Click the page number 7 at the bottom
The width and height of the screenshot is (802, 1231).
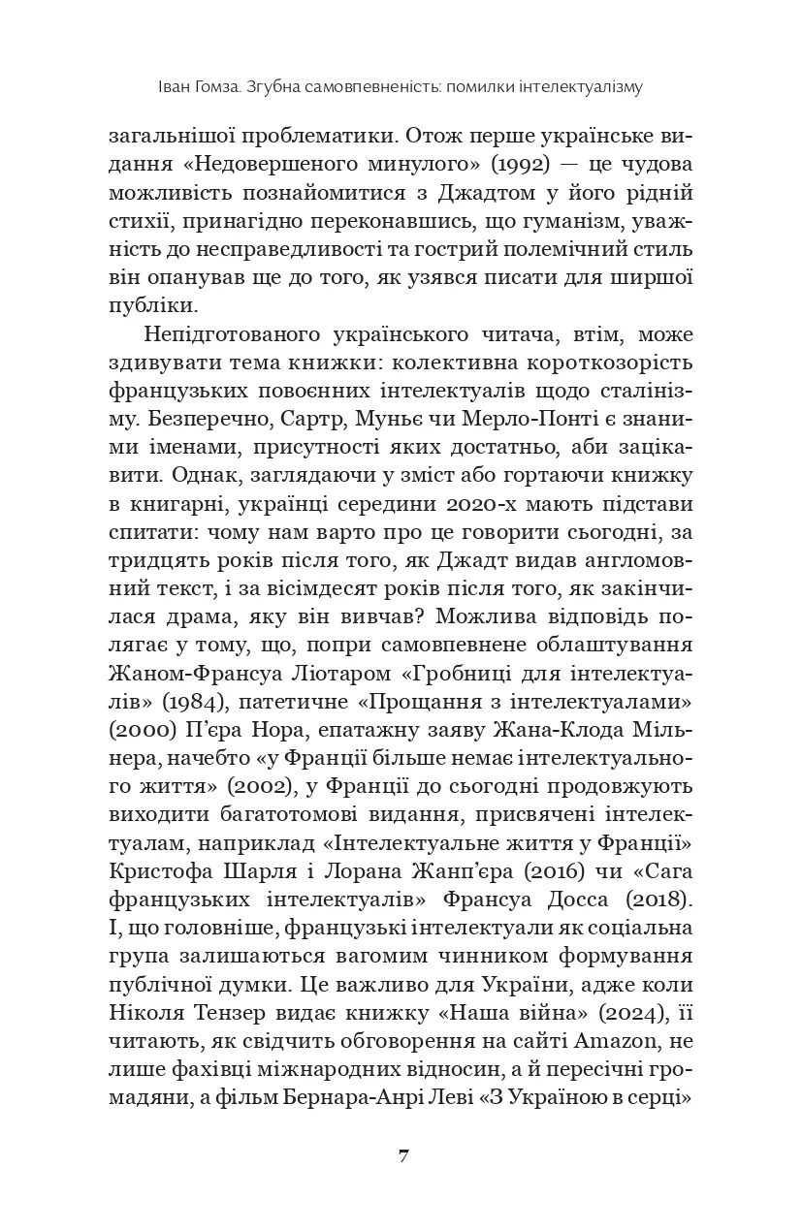tap(401, 1156)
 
